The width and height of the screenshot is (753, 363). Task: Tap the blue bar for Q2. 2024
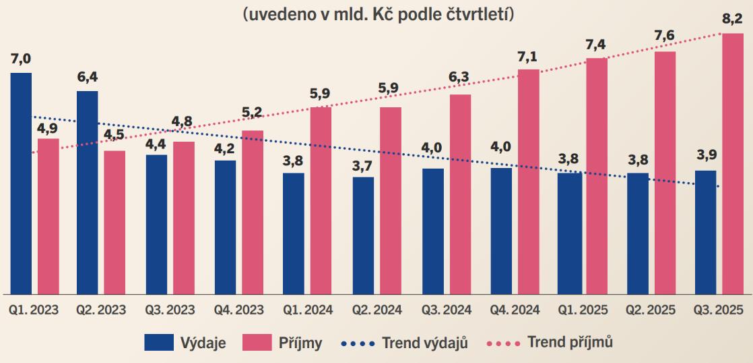(363, 235)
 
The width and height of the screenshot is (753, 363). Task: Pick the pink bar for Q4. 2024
(528, 181)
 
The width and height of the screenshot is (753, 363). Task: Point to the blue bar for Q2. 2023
(88, 192)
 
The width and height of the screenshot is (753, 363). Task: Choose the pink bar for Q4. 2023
(252, 213)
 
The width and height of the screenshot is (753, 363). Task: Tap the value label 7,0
(21, 59)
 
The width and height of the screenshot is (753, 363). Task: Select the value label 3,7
(363, 164)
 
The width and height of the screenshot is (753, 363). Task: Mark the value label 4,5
(114, 136)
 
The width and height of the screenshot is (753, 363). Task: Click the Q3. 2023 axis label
(170, 310)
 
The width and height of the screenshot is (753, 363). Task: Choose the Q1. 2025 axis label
(583, 310)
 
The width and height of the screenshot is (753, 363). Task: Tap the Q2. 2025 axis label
(652, 310)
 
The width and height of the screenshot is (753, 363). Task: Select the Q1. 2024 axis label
(308, 310)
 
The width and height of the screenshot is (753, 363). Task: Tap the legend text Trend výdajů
(425, 342)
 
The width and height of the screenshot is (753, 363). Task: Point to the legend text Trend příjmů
(570, 342)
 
